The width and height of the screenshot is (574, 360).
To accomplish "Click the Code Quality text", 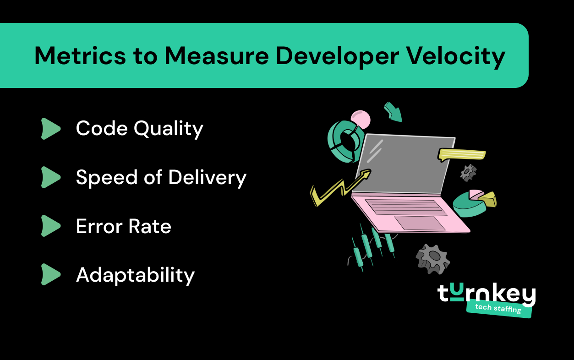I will click(x=139, y=129).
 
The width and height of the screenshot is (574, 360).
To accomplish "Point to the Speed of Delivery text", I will click(x=161, y=177).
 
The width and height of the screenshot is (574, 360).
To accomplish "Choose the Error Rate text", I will click(x=123, y=226).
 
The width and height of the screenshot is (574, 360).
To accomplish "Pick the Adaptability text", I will click(x=135, y=275).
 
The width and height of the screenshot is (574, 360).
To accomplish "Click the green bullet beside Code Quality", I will click(x=50, y=129).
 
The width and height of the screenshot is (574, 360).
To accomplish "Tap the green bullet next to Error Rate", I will click(x=50, y=226).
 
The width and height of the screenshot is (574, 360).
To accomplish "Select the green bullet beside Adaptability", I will click(x=50, y=275).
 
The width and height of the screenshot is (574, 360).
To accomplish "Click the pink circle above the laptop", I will click(x=360, y=120).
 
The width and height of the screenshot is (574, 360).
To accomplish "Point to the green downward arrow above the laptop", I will click(x=393, y=112).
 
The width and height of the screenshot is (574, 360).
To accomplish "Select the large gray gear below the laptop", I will click(x=432, y=258).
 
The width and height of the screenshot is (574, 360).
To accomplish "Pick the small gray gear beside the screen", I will click(x=468, y=172).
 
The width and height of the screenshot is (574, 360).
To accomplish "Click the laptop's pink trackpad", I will click(x=420, y=223).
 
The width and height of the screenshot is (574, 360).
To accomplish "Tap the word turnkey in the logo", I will click(x=487, y=295).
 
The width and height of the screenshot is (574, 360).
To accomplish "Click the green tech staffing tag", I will click(x=498, y=308).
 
